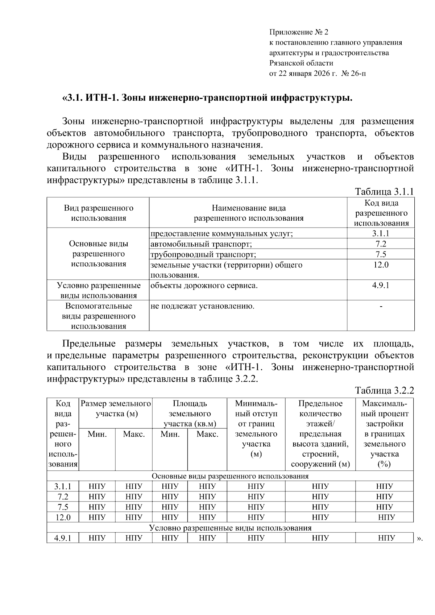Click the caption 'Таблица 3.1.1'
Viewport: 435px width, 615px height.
[384, 191]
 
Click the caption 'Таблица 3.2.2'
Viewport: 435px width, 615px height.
[384, 390]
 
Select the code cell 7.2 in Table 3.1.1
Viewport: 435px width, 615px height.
[381, 244]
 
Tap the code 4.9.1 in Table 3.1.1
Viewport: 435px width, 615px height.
[381, 285]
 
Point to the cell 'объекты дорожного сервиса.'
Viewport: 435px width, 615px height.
[204, 286]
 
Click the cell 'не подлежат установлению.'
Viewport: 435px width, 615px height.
[202, 306]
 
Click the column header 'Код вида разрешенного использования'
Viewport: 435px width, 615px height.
[381, 213]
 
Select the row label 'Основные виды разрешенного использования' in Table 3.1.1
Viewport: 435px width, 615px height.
[99, 254]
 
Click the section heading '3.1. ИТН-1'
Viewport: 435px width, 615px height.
[207, 98]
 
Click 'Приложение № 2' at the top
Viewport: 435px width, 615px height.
[298, 32]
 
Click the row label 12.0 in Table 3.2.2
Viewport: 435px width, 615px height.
[63, 517]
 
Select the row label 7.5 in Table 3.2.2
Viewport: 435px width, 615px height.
[63, 507]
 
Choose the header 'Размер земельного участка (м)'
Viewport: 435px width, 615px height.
[116, 408]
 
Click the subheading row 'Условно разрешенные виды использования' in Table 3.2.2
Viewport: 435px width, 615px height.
[230, 528]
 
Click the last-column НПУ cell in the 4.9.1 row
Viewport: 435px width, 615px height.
[386, 538]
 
